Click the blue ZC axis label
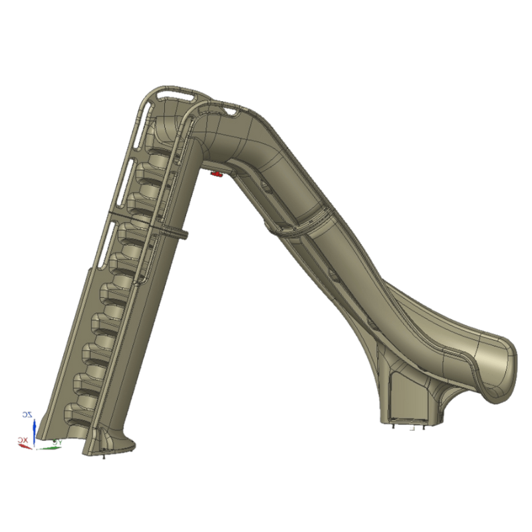[27, 414]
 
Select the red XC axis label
[23, 440]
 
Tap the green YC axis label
[57, 441]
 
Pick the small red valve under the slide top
[216, 174]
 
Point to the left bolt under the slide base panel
[394, 427]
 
